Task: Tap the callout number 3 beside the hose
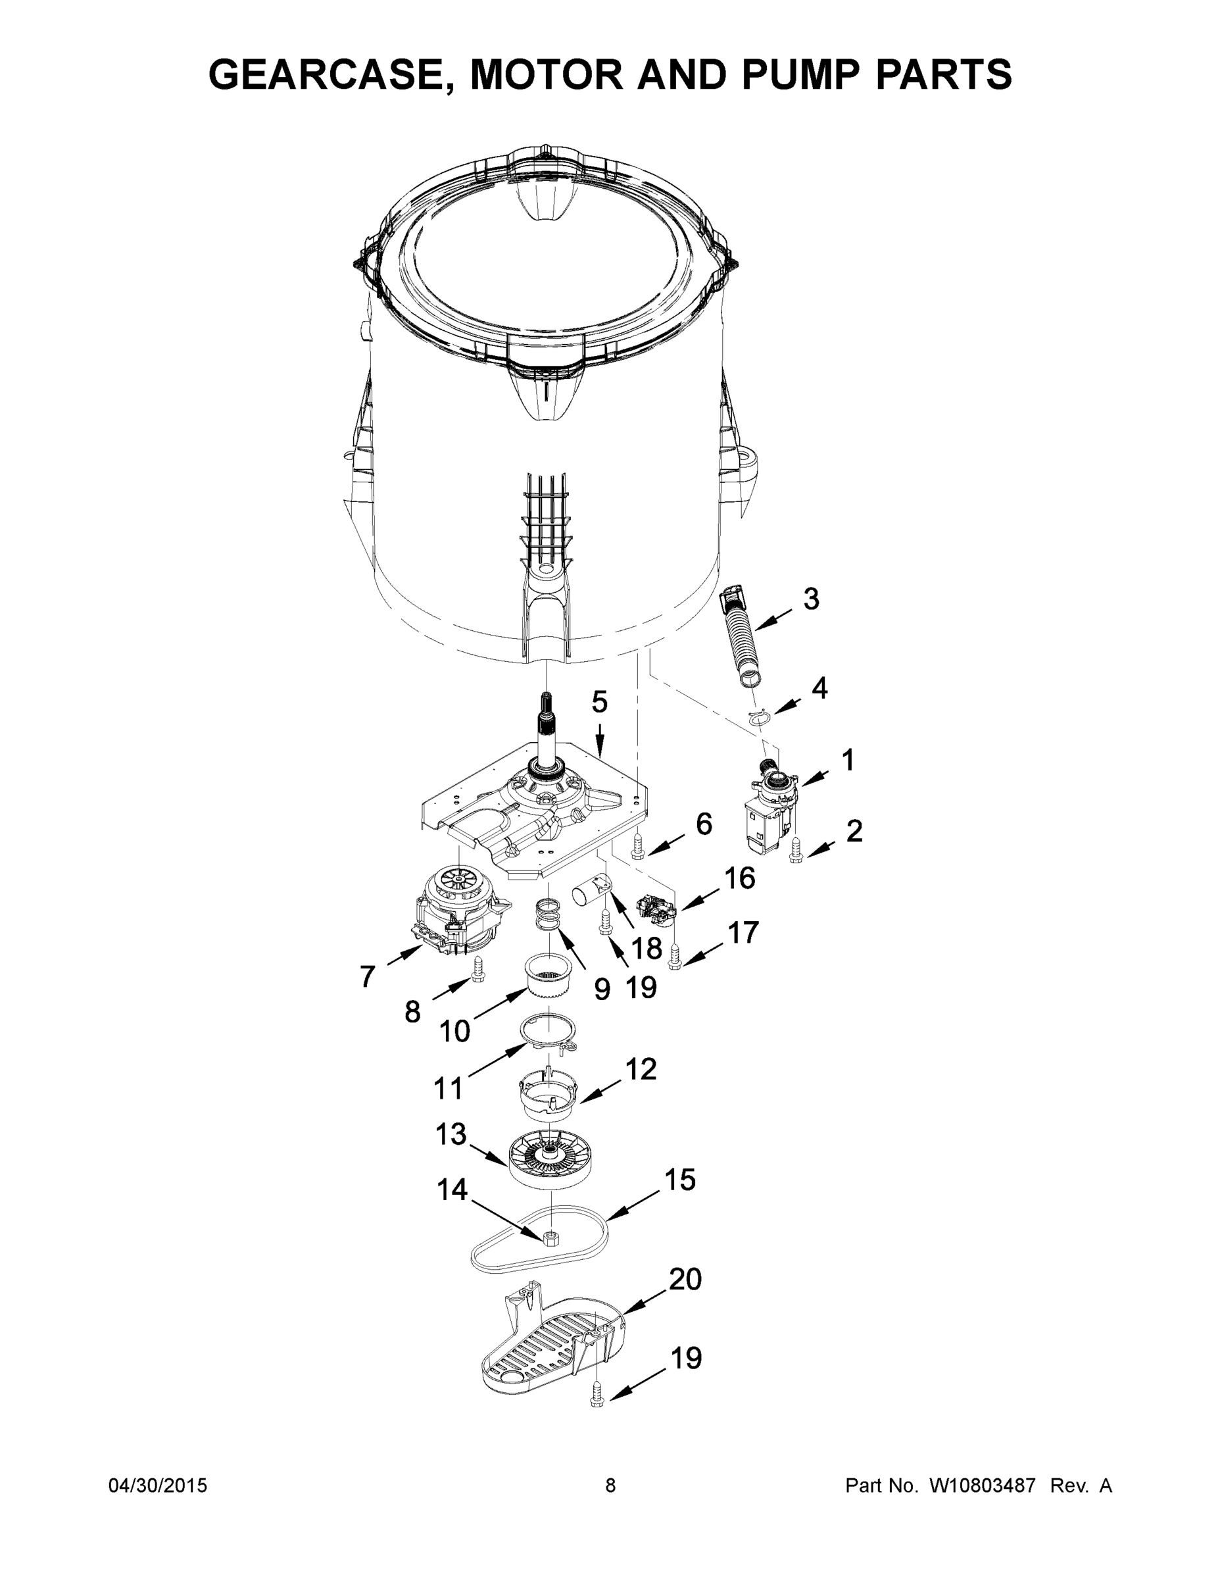(811, 599)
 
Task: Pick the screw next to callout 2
(796, 852)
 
